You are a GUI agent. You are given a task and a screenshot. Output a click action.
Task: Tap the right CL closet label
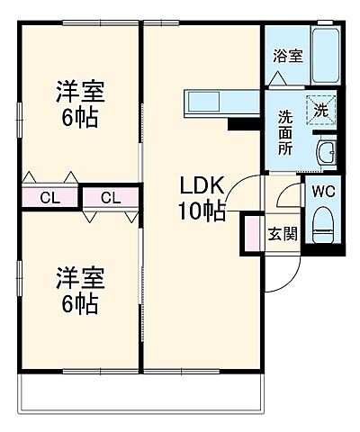coord(112,197)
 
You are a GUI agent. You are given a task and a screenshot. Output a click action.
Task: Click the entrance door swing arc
coord(279,275)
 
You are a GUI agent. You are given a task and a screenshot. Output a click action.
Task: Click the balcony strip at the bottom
coord(139,390)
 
